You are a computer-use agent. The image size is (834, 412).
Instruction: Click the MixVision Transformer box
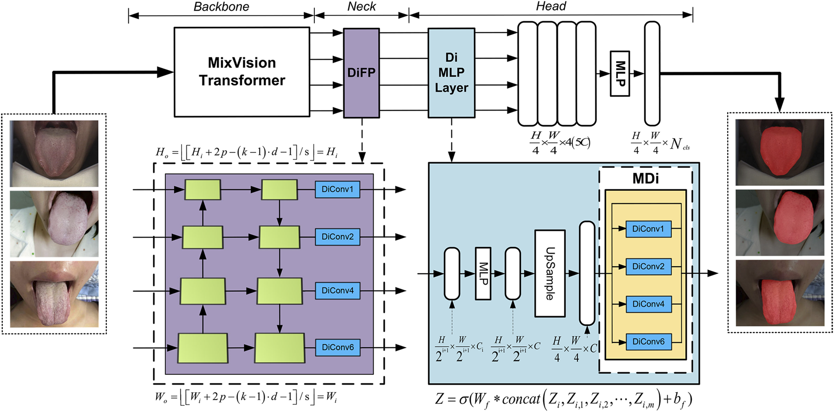(x=241, y=71)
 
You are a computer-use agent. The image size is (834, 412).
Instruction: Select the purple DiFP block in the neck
(x=361, y=73)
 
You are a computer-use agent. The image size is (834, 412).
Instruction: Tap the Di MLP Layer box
(x=451, y=73)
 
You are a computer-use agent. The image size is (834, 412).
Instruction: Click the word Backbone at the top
(x=221, y=7)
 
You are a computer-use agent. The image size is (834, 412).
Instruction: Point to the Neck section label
(x=361, y=7)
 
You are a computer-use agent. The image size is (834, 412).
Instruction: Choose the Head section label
(x=551, y=7)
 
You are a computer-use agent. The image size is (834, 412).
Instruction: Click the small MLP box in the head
(x=619, y=73)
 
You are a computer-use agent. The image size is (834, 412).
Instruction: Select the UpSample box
(x=549, y=273)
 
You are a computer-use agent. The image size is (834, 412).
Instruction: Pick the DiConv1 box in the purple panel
(x=337, y=189)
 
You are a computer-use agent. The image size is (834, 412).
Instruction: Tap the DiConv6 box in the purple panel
(x=337, y=347)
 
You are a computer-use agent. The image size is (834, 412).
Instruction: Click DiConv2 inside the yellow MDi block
(x=648, y=266)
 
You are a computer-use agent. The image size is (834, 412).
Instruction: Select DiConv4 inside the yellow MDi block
(x=648, y=304)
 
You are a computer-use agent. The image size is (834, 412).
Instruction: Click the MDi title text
(x=645, y=179)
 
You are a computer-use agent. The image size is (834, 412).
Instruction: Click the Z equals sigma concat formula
(x=563, y=399)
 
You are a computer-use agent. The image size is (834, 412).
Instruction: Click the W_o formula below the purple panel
(x=246, y=397)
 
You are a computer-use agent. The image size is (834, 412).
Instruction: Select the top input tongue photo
(x=54, y=153)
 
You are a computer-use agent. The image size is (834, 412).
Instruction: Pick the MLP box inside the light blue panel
(x=483, y=273)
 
